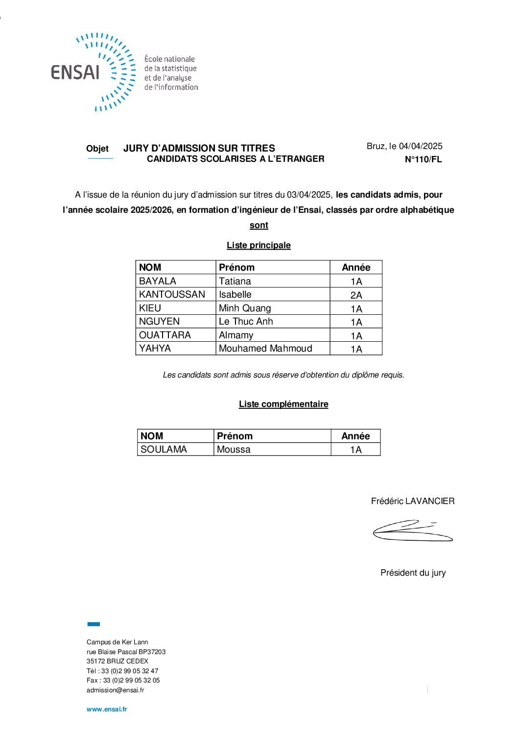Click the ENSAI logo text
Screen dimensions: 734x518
pyautogui.click(x=75, y=72)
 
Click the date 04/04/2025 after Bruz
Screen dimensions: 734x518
pyautogui.click(x=420, y=146)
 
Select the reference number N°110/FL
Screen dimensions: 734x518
pyautogui.click(x=423, y=159)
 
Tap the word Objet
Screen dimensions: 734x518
pyautogui.click(x=97, y=149)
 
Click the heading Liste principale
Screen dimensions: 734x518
pyautogui.click(x=259, y=245)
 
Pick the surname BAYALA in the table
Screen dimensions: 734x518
pyautogui.click(x=158, y=281)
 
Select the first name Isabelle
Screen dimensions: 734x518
pyautogui.click(x=235, y=294)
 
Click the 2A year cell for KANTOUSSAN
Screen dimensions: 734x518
pyautogui.click(x=356, y=295)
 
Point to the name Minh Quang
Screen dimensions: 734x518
pyautogui.click(x=245, y=308)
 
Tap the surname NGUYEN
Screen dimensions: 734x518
pyautogui.click(x=160, y=321)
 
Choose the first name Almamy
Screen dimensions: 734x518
pyautogui.click(x=236, y=335)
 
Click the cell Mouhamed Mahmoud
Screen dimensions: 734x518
pyautogui.click(x=265, y=348)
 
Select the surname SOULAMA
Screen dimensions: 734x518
pyautogui.click(x=164, y=449)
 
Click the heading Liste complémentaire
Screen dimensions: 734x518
pyautogui.click(x=283, y=404)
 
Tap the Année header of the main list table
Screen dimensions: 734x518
pyautogui.click(x=356, y=267)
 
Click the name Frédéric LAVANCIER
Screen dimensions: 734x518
pyautogui.click(x=413, y=501)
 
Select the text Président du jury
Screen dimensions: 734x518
pyautogui.click(x=413, y=573)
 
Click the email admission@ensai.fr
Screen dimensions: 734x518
pyautogui.click(x=116, y=690)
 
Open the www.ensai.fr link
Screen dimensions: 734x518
pyautogui.click(x=107, y=709)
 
